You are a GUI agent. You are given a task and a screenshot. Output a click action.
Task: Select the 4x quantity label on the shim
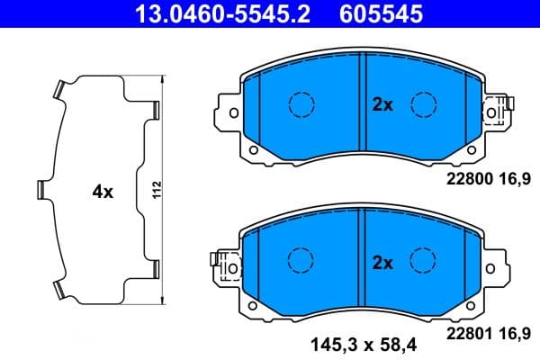tap(102, 192)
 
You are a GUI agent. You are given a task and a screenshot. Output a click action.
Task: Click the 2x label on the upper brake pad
tap(383, 104)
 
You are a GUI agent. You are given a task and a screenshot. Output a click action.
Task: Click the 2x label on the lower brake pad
tap(383, 263)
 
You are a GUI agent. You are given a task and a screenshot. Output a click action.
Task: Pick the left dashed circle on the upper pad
tap(298, 104)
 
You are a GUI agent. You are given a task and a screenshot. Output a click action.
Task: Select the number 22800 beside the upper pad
tap(468, 180)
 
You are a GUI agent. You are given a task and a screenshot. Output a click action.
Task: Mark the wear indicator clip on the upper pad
tap(495, 112)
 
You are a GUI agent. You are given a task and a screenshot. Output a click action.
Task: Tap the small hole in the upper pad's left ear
tap(255, 151)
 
